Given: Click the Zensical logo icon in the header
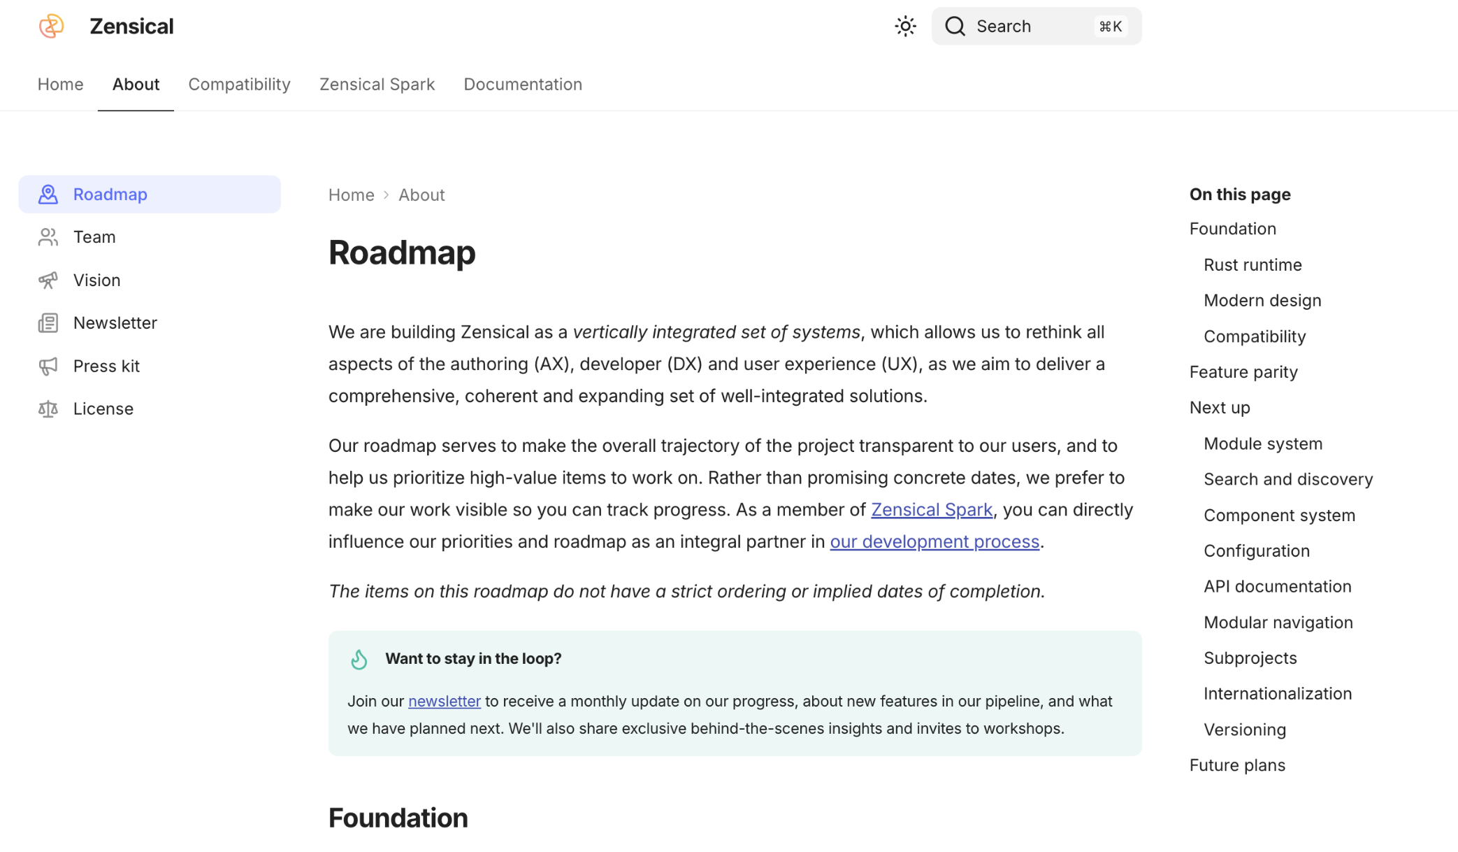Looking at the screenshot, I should pyautogui.click(x=51, y=27).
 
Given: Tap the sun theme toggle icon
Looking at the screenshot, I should pyautogui.click(x=905, y=27).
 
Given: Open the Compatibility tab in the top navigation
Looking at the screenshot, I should pyautogui.click(x=239, y=85).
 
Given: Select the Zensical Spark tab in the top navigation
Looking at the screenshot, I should pyautogui.click(x=377, y=85).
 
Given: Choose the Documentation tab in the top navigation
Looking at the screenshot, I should pyautogui.click(x=522, y=85).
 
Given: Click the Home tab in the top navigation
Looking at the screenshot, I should pyautogui.click(x=60, y=85).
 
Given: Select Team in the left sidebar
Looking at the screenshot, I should pyautogui.click(x=94, y=237).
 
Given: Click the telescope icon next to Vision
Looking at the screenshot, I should pyautogui.click(x=48, y=281).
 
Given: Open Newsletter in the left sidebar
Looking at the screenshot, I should pyautogui.click(x=115, y=323).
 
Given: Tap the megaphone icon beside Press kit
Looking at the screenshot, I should pyautogui.click(x=48, y=367).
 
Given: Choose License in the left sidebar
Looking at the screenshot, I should pyautogui.click(x=103, y=409).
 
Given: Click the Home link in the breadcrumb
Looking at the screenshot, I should pyautogui.click(x=351, y=195).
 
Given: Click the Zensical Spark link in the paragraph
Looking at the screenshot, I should pyautogui.click(x=931, y=510).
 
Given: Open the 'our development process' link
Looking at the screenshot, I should pyautogui.click(x=934, y=542).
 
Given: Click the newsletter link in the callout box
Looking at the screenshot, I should pyautogui.click(x=444, y=702).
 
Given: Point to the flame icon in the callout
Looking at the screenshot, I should pyautogui.click(x=359, y=660).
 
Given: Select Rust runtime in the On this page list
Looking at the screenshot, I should pyautogui.click(x=1253, y=265).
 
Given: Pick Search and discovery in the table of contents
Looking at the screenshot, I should pyautogui.click(x=1287, y=480).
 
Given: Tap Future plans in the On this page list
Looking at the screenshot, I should pyautogui.click(x=1237, y=765).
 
